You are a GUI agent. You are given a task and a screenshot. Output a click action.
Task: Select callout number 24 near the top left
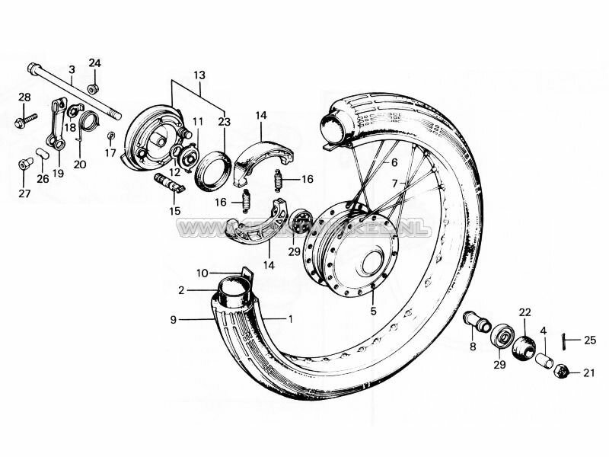click(94, 62)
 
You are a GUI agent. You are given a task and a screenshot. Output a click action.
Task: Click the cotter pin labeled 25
click(565, 340)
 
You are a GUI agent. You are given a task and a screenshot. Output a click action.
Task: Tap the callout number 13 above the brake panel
click(199, 75)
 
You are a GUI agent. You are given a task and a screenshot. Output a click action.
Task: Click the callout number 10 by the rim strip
click(201, 272)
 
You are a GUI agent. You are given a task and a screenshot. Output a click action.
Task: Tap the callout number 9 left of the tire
click(174, 320)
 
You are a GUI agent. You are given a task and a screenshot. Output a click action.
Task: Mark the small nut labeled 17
click(111, 136)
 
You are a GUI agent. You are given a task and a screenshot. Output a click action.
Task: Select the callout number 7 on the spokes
click(394, 184)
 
